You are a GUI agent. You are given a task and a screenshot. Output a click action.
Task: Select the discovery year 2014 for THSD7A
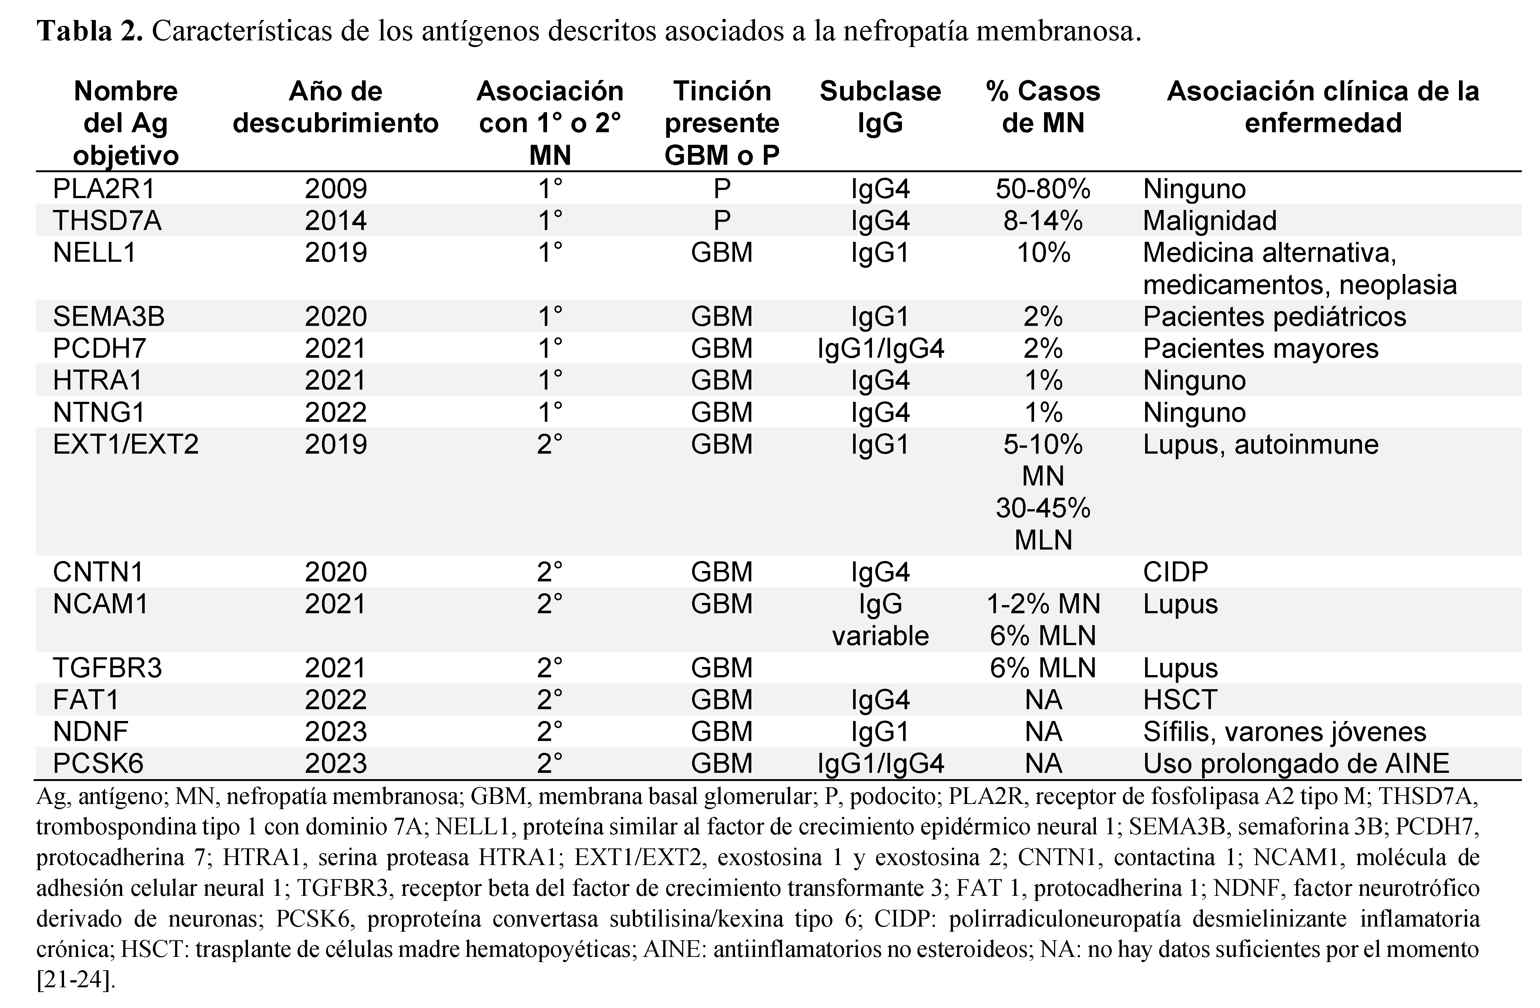point(336,221)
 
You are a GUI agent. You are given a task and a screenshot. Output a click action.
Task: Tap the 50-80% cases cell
point(1043,189)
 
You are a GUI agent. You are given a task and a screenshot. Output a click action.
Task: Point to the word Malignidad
point(1210,221)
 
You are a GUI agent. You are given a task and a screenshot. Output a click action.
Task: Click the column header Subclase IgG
point(880,107)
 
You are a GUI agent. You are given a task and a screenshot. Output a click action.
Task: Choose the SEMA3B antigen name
point(109,317)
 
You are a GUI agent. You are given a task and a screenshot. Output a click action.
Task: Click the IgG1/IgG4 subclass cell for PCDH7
point(880,349)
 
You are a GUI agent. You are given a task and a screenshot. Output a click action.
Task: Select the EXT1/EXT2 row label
point(125,444)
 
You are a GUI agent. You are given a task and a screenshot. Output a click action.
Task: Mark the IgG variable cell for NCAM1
point(880,620)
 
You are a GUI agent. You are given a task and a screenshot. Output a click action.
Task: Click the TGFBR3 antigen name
point(107,667)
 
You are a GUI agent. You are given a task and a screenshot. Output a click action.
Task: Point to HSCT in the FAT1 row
point(1180,699)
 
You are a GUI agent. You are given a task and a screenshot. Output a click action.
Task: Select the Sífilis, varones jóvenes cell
point(1284,732)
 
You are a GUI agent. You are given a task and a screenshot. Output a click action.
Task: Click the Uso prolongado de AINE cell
point(1296,763)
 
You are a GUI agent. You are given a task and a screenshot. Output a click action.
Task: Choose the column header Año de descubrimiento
point(336,107)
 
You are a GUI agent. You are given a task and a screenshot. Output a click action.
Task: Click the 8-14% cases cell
point(1043,221)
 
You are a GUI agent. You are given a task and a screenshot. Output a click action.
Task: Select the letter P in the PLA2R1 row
point(722,189)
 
